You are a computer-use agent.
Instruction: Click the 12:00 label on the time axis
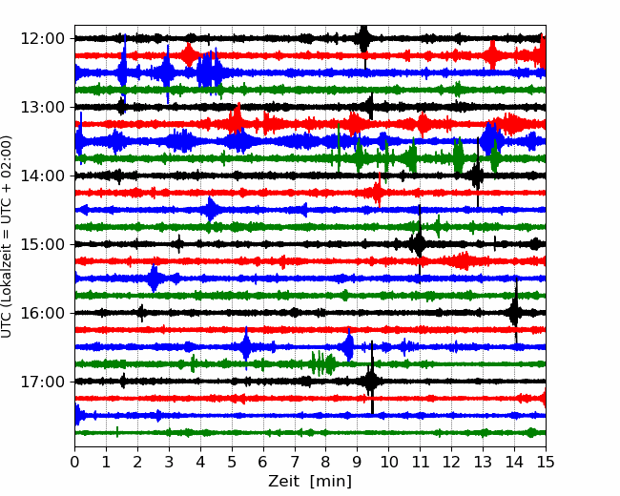42,39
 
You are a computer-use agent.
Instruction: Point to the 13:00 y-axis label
42,107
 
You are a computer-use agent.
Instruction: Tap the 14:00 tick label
42,176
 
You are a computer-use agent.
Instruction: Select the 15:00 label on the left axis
42,244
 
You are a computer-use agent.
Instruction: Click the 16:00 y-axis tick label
42,313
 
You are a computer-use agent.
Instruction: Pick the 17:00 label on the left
42,382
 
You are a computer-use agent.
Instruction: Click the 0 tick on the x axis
74,462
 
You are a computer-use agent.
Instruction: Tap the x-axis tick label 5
232,462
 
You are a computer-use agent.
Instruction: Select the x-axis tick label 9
358,462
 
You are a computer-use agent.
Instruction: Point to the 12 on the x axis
451,462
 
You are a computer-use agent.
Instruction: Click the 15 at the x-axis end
546,462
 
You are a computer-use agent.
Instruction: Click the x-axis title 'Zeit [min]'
310,482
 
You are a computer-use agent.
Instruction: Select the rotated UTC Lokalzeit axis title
7,237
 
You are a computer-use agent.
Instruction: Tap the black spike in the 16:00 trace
515,311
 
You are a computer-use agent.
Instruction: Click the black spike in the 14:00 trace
478,174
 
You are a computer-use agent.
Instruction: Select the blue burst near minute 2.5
154,279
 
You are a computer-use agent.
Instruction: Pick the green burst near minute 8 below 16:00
322,363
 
